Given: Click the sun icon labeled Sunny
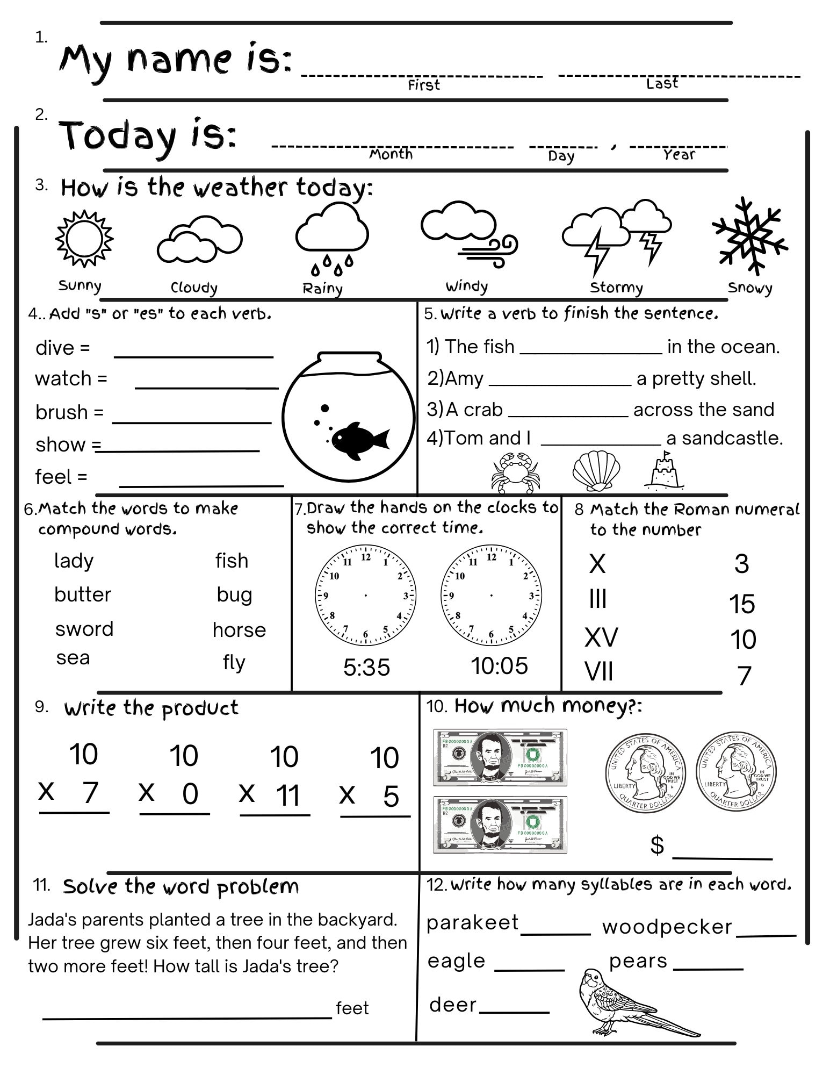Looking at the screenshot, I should (84, 239).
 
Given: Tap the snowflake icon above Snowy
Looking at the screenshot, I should (750, 235).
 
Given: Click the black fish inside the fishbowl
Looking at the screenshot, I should (359, 440).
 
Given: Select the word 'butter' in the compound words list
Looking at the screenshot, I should (82, 594).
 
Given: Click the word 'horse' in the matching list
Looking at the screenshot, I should (239, 629).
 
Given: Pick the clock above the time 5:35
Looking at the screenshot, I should (366, 595).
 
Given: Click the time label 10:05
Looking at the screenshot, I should (499, 666).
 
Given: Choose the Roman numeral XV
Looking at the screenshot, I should (601, 637).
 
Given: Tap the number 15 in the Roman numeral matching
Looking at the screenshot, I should (742, 604).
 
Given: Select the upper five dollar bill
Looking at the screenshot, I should (500, 757).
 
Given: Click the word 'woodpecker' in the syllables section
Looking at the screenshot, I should (667, 927).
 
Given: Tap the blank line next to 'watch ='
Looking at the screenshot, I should (206, 386).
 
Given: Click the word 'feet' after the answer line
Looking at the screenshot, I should (352, 1008).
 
